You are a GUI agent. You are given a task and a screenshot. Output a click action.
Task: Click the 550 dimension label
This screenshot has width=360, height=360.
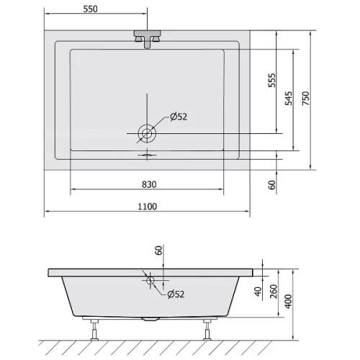tap(91, 9)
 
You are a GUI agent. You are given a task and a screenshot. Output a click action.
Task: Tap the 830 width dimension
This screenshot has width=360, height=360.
tap(149, 184)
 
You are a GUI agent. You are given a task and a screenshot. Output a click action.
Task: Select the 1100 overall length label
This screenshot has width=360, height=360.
tap(148, 207)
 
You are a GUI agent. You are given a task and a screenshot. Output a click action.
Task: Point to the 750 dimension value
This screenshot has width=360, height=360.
tap(306, 98)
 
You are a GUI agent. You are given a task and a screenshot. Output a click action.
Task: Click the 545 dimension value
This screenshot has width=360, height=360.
tap(289, 98)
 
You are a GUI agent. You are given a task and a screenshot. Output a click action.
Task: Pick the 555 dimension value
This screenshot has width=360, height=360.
tap(272, 80)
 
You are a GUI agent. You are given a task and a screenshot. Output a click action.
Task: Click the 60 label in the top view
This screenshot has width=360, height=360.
tap(272, 185)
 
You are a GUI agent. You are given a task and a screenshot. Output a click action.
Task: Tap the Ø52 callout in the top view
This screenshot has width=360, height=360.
tap(179, 117)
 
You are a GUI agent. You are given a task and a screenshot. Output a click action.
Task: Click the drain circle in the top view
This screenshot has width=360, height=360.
tap(147, 133)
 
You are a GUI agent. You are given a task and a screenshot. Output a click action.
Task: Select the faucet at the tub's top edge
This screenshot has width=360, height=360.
tap(147, 39)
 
